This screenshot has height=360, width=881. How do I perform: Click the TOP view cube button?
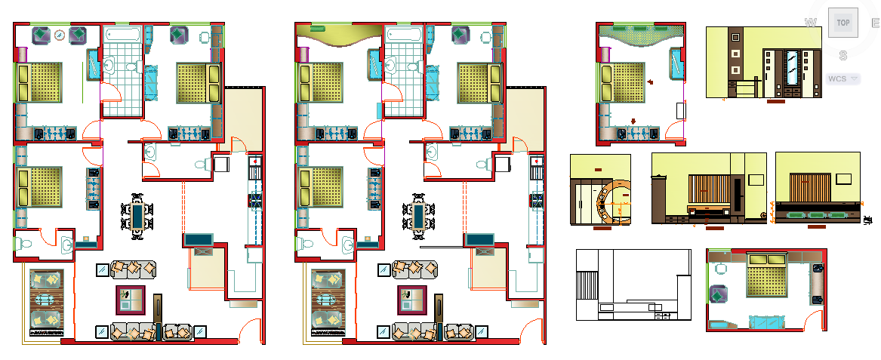(842, 23)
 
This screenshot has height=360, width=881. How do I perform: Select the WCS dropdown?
(842, 78)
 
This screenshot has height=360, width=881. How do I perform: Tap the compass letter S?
(842, 55)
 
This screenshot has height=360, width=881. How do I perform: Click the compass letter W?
(811, 23)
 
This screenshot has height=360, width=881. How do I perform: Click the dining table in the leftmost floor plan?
(137, 217)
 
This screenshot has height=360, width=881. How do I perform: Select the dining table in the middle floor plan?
(418, 217)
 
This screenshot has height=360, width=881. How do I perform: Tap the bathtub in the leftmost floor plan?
(122, 35)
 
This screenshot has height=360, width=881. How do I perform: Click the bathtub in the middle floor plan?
(403, 35)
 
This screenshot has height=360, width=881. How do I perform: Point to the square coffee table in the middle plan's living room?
(412, 300)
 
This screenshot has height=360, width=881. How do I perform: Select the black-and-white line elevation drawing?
(633, 285)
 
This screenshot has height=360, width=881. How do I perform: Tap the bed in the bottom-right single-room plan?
(766, 280)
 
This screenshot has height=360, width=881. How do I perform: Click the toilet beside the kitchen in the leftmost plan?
(202, 165)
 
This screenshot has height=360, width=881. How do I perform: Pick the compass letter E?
(875, 23)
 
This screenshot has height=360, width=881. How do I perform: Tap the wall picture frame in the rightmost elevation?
(844, 179)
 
